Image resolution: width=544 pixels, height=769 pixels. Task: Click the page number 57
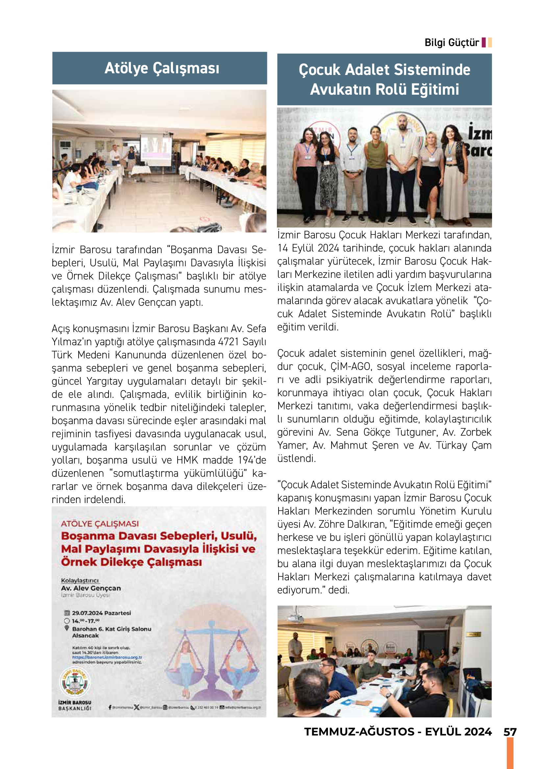pyautogui.click(x=509, y=732)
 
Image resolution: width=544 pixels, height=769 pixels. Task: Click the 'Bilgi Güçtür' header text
pyautogui.click(x=452, y=43)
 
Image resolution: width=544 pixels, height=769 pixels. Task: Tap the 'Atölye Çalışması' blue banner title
pyautogui.click(x=162, y=68)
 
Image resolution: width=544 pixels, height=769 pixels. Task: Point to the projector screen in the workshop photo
pyautogui.click(x=156, y=147)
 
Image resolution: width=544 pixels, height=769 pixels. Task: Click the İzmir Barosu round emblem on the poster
pyautogui.click(x=75, y=682)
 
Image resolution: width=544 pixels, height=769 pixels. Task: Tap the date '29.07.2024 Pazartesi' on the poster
pyautogui.click(x=101, y=613)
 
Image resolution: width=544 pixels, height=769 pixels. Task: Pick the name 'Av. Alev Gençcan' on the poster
pyautogui.click(x=91, y=588)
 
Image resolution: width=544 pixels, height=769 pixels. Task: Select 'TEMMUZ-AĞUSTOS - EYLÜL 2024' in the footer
pyautogui.click(x=398, y=732)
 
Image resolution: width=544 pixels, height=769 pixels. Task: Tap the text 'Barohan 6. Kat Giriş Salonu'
pyautogui.click(x=111, y=629)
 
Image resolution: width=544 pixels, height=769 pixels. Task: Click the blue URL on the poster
pyautogui.click(x=107, y=658)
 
